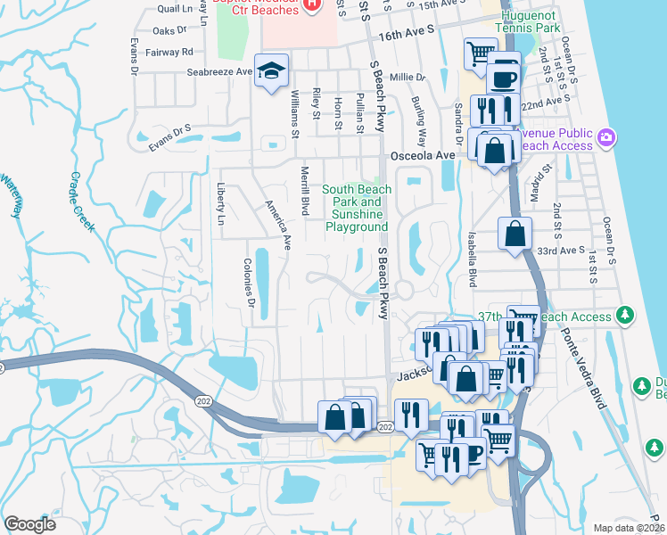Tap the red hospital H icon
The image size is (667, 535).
coord(311,4)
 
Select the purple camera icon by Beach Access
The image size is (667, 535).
coord(606,137)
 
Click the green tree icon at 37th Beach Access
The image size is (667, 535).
coord(626,315)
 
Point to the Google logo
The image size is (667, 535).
coord(29,523)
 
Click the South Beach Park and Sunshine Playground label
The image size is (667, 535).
coord(356,209)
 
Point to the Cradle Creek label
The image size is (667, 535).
coord(81,202)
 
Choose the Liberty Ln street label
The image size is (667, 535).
coord(219,204)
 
